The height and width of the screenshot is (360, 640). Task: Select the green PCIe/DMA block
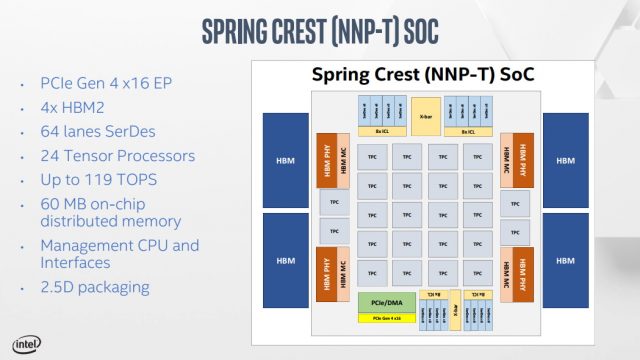click(380, 301)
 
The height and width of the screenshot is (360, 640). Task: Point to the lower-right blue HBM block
click(566, 260)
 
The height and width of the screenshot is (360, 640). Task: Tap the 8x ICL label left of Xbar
click(381, 131)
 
